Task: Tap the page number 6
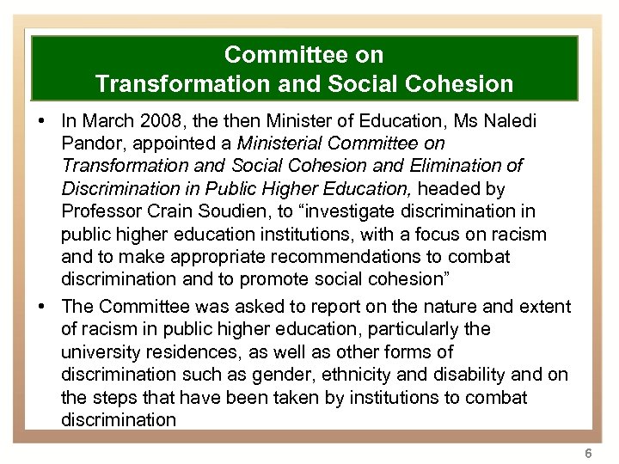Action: pyautogui.click(x=588, y=452)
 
